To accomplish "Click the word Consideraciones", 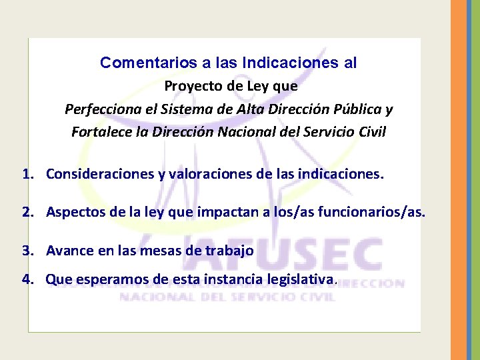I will (x=98, y=175).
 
